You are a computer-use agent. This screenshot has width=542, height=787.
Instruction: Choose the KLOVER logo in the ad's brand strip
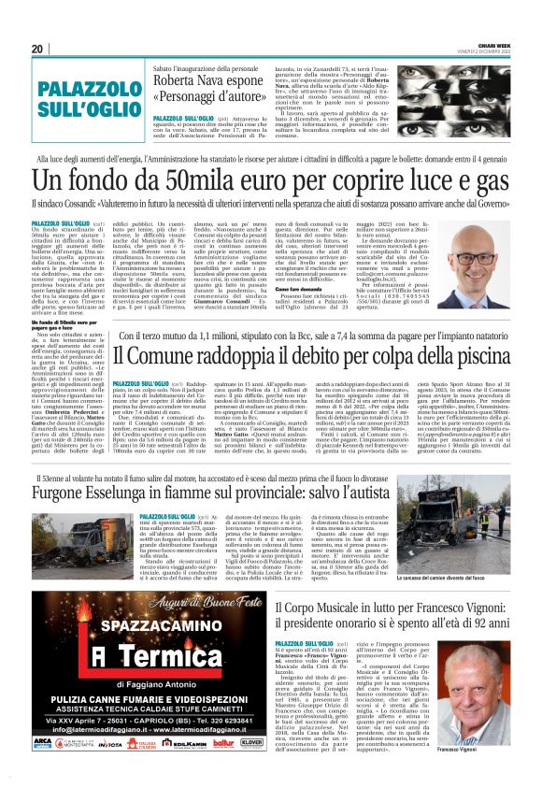point(250,743)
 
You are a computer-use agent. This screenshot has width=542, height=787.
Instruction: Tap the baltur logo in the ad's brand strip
point(222,743)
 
